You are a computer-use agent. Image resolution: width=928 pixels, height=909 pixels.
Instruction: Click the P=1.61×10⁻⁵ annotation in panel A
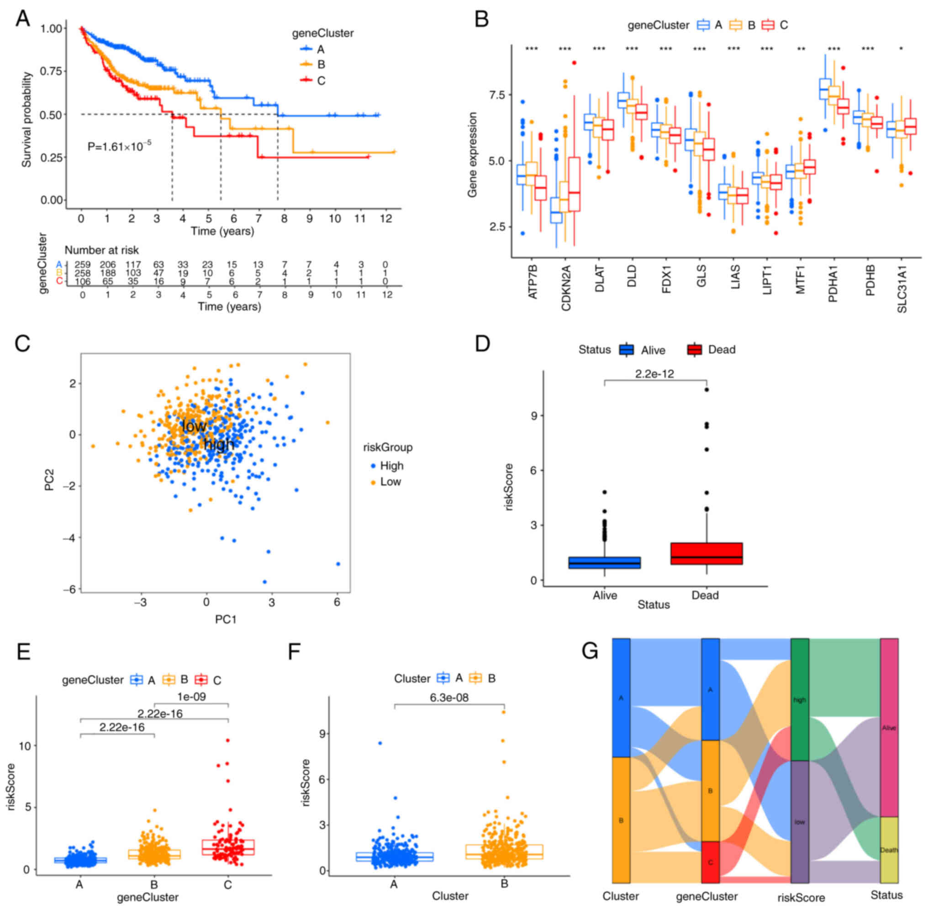(x=119, y=146)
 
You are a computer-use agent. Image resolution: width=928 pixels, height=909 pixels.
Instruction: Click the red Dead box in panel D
(x=706, y=553)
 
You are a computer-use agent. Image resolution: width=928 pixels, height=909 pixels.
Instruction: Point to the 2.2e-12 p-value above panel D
(x=654, y=374)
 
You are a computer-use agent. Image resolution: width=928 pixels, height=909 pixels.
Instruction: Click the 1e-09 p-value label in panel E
(x=191, y=697)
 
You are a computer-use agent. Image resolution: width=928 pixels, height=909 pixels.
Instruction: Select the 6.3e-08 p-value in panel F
(x=449, y=698)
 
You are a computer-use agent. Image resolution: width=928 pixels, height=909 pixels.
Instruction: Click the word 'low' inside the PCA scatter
(x=195, y=426)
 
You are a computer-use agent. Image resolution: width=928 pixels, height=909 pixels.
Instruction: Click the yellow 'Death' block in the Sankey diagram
(x=889, y=850)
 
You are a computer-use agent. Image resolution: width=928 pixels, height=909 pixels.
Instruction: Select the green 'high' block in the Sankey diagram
(x=800, y=699)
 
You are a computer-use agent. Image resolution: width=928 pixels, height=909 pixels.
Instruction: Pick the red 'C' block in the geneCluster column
(x=710, y=862)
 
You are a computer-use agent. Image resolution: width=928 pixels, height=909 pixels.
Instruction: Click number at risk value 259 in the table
(x=83, y=264)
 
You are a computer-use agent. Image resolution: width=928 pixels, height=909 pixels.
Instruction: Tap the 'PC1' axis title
(x=226, y=620)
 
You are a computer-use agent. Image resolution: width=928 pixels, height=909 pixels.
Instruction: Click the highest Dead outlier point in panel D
(x=707, y=389)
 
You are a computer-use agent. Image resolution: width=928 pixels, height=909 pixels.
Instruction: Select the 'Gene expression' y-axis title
(x=472, y=155)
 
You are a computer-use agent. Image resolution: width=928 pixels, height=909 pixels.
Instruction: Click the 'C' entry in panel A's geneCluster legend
(x=321, y=81)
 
